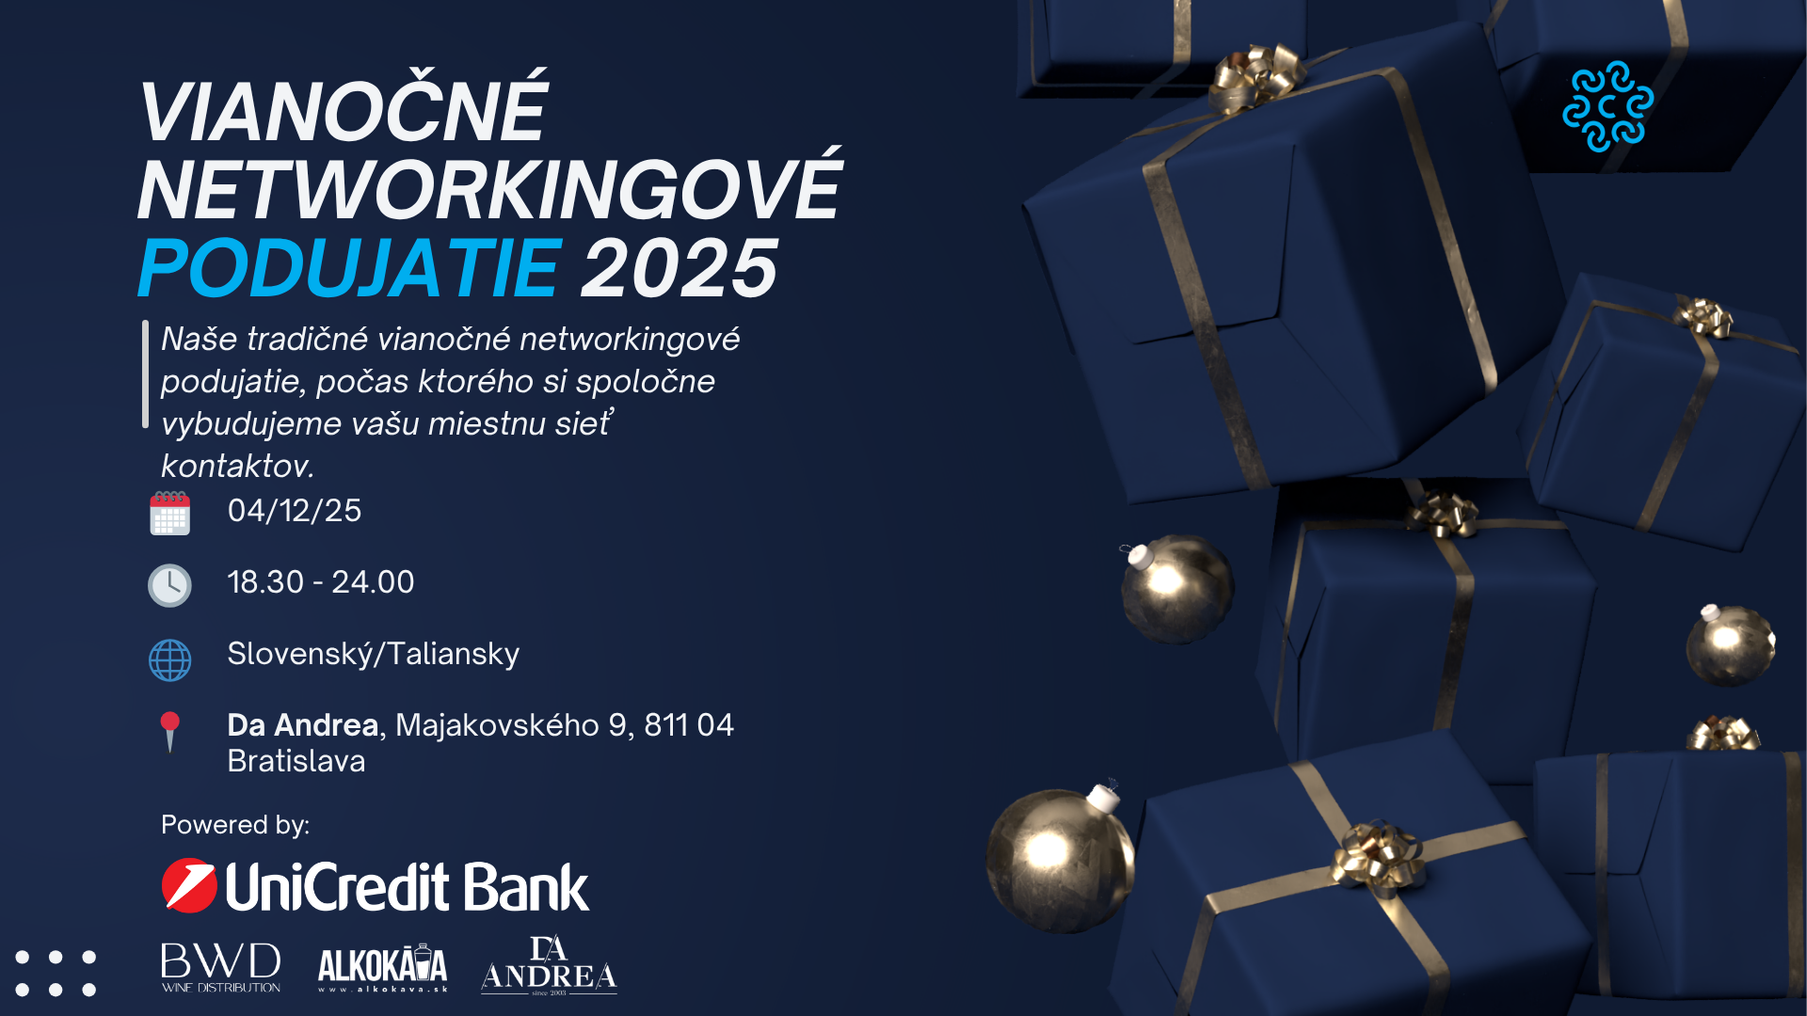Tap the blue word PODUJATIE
(350, 268)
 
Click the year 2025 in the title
(680, 268)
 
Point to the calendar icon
(169, 513)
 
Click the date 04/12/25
(295, 510)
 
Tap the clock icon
(169, 585)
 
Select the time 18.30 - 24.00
(321, 581)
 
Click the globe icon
(169, 659)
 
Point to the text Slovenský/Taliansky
(374, 654)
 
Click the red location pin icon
(170, 731)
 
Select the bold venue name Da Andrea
(303, 724)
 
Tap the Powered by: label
(235, 825)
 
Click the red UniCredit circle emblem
(189, 885)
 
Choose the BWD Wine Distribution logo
(221, 967)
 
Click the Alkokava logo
(383, 967)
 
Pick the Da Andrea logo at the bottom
(549, 965)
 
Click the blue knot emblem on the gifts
(1607, 106)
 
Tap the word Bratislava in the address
(296, 760)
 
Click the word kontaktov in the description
(237, 466)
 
